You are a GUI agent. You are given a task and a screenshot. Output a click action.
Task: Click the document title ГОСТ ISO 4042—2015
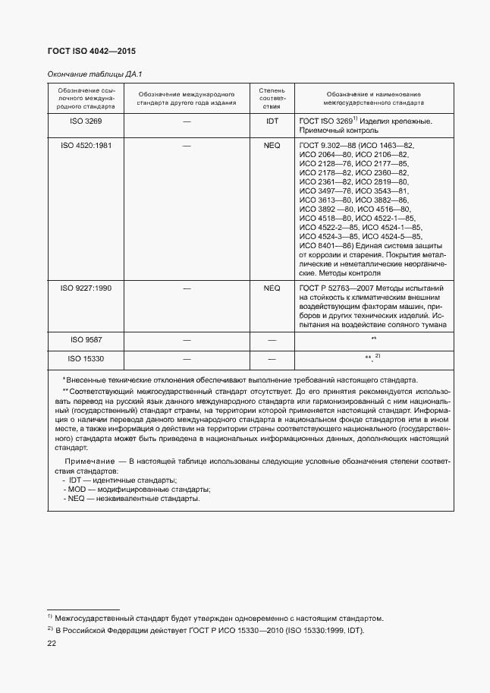click(80, 51)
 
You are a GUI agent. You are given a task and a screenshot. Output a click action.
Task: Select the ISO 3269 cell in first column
click(86, 121)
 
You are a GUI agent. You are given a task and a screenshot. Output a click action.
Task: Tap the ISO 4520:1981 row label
click(86, 145)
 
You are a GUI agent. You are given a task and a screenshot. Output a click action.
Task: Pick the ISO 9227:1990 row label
click(86, 288)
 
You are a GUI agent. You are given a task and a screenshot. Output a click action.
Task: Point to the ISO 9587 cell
click(86, 339)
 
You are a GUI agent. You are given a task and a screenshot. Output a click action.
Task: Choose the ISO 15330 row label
click(86, 358)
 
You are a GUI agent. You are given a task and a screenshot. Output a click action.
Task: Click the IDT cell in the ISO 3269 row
click(272, 121)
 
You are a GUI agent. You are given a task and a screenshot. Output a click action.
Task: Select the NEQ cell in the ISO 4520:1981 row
click(272, 145)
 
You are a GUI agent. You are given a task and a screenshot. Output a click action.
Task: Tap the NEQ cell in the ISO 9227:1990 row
click(272, 288)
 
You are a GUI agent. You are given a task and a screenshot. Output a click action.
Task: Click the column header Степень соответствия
click(272, 99)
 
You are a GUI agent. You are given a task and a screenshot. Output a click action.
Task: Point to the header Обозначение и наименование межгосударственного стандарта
click(373, 97)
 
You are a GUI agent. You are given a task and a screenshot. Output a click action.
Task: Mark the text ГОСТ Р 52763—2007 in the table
click(338, 288)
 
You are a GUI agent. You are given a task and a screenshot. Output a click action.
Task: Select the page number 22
click(51, 643)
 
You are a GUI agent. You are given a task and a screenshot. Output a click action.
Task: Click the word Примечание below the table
click(85, 461)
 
